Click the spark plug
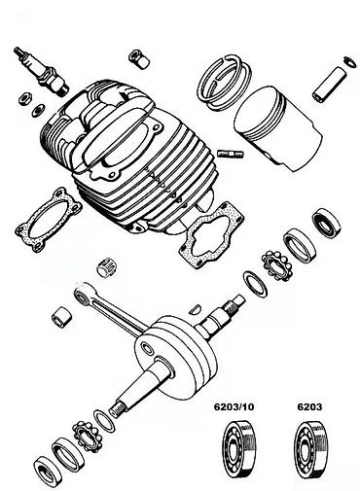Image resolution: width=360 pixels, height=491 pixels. coord(41,72)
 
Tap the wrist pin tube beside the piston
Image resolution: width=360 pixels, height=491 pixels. coord(330,85)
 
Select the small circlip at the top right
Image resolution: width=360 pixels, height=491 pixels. coord(347,61)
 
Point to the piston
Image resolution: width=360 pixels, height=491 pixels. coord(278,128)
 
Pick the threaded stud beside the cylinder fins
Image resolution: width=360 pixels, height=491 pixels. coord(230,154)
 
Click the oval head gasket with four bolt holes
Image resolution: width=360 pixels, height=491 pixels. coord(49,221)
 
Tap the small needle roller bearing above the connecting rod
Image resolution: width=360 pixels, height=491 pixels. coord(106,267)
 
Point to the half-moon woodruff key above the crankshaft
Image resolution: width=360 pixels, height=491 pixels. coord(196,309)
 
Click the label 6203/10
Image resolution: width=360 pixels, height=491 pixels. coord(234,406)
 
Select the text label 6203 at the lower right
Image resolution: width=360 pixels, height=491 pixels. coord(309,406)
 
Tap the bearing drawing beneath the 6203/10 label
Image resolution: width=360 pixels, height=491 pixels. coord(238,449)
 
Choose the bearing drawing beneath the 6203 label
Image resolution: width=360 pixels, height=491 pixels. coord(311,449)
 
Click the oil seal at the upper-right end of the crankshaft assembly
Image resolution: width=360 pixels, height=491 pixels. coord(326,224)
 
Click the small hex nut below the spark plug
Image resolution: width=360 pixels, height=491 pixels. coord(24,98)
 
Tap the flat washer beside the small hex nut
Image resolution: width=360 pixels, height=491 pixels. coord(38,110)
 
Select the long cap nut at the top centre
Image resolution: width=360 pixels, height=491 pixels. coord(138,59)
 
